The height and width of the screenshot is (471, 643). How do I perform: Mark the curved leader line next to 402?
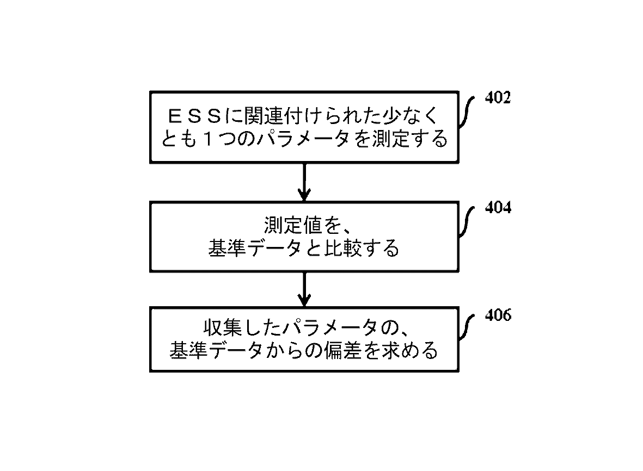[467, 111]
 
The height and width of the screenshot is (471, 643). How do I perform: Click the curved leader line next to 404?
[467, 221]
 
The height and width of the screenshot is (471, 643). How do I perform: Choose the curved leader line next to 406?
[467, 329]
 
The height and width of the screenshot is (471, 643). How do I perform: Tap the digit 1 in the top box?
[209, 140]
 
